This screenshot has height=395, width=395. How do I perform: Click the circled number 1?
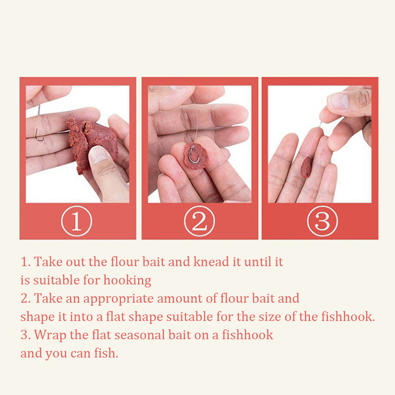pyautogui.click(x=77, y=221)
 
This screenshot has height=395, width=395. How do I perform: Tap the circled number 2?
pyautogui.click(x=199, y=221)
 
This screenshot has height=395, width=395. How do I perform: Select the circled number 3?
pyautogui.click(x=322, y=221)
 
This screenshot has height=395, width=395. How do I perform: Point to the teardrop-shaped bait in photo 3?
pyautogui.click(x=306, y=167)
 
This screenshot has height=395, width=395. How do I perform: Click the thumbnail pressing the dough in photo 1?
pyautogui.click(x=99, y=154)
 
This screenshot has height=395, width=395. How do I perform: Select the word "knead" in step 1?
pyautogui.click(x=211, y=262)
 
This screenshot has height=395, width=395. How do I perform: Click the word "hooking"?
pyautogui.click(x=127, y=280)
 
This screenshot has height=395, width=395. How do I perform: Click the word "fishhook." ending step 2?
pyautogui.click(x=348, y=316)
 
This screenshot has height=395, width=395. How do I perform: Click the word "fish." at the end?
pyautogui.click(x=106, y=353)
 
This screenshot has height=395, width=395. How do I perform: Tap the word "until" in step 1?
pyautogui.click(x=254, y=262)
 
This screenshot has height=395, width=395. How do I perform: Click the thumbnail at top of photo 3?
pyautogui.click(x=339, y=101)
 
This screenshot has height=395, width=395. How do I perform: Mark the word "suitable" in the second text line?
pyautogui.click(x=56, y=280)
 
